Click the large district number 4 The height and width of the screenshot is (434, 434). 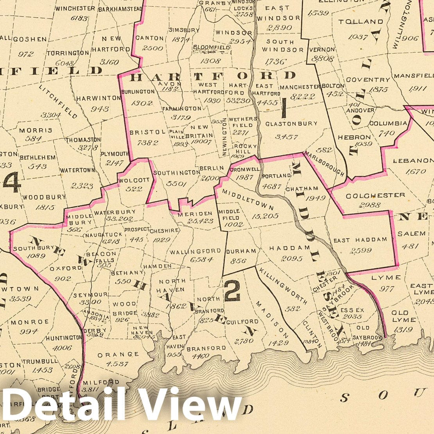click(12, 182)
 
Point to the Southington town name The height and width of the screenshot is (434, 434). click(177, 172)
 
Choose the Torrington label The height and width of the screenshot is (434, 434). click(68, 53)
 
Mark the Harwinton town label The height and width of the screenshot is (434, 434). click(99, 98)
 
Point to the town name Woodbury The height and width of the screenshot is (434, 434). click(39, 197)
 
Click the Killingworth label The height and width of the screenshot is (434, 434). click(283, 286)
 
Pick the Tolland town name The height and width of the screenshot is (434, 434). click(360, 22)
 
